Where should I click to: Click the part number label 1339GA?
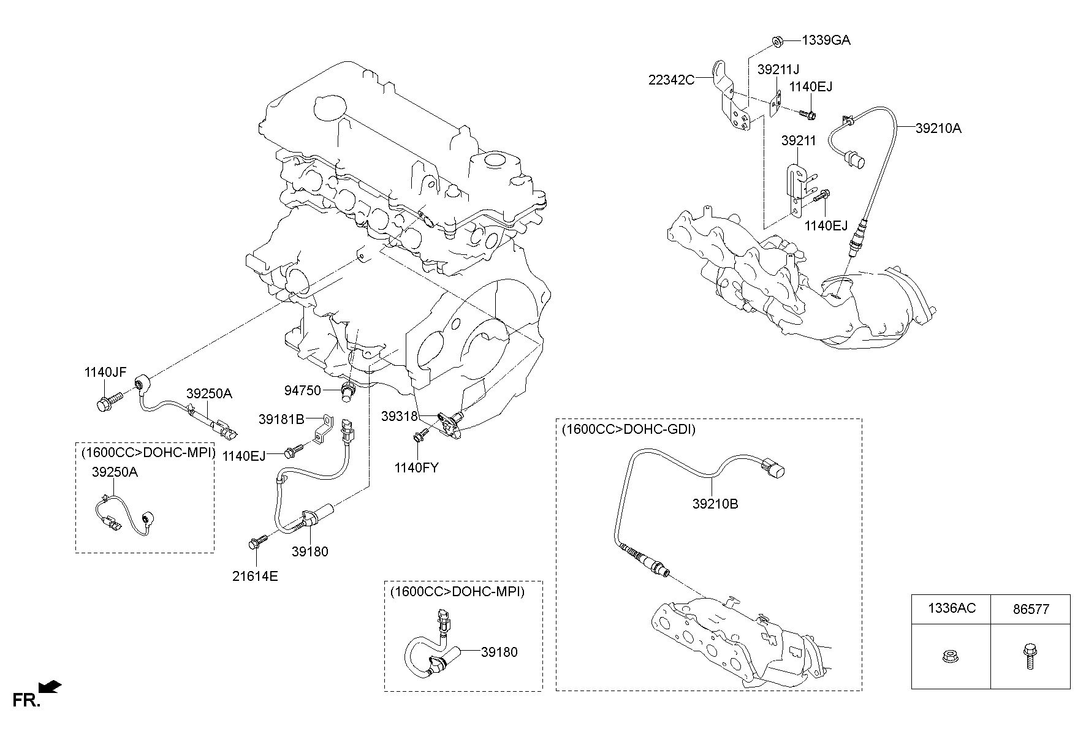pos(826,40)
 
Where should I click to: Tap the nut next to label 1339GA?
pos(777,41)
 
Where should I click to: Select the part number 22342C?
pos(671,80)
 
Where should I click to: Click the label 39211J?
pos(778,69)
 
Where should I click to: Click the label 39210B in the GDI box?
pos(715,504)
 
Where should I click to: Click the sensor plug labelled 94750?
pos(348,390)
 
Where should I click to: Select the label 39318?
pos(399,416)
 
